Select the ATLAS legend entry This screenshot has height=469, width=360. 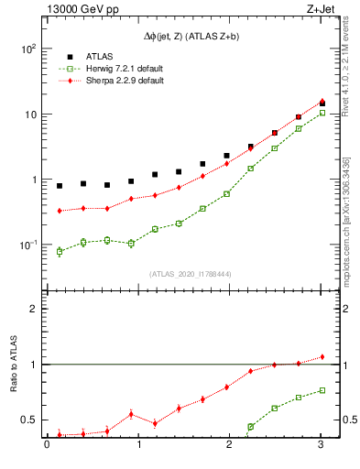tap(100, 54)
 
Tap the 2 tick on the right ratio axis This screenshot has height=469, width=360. tap(344, 310)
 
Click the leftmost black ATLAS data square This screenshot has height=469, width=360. tap(60, 186)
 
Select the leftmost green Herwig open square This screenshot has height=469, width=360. tap(60, 251)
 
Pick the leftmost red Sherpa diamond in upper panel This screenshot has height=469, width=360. tap(60, 211)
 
